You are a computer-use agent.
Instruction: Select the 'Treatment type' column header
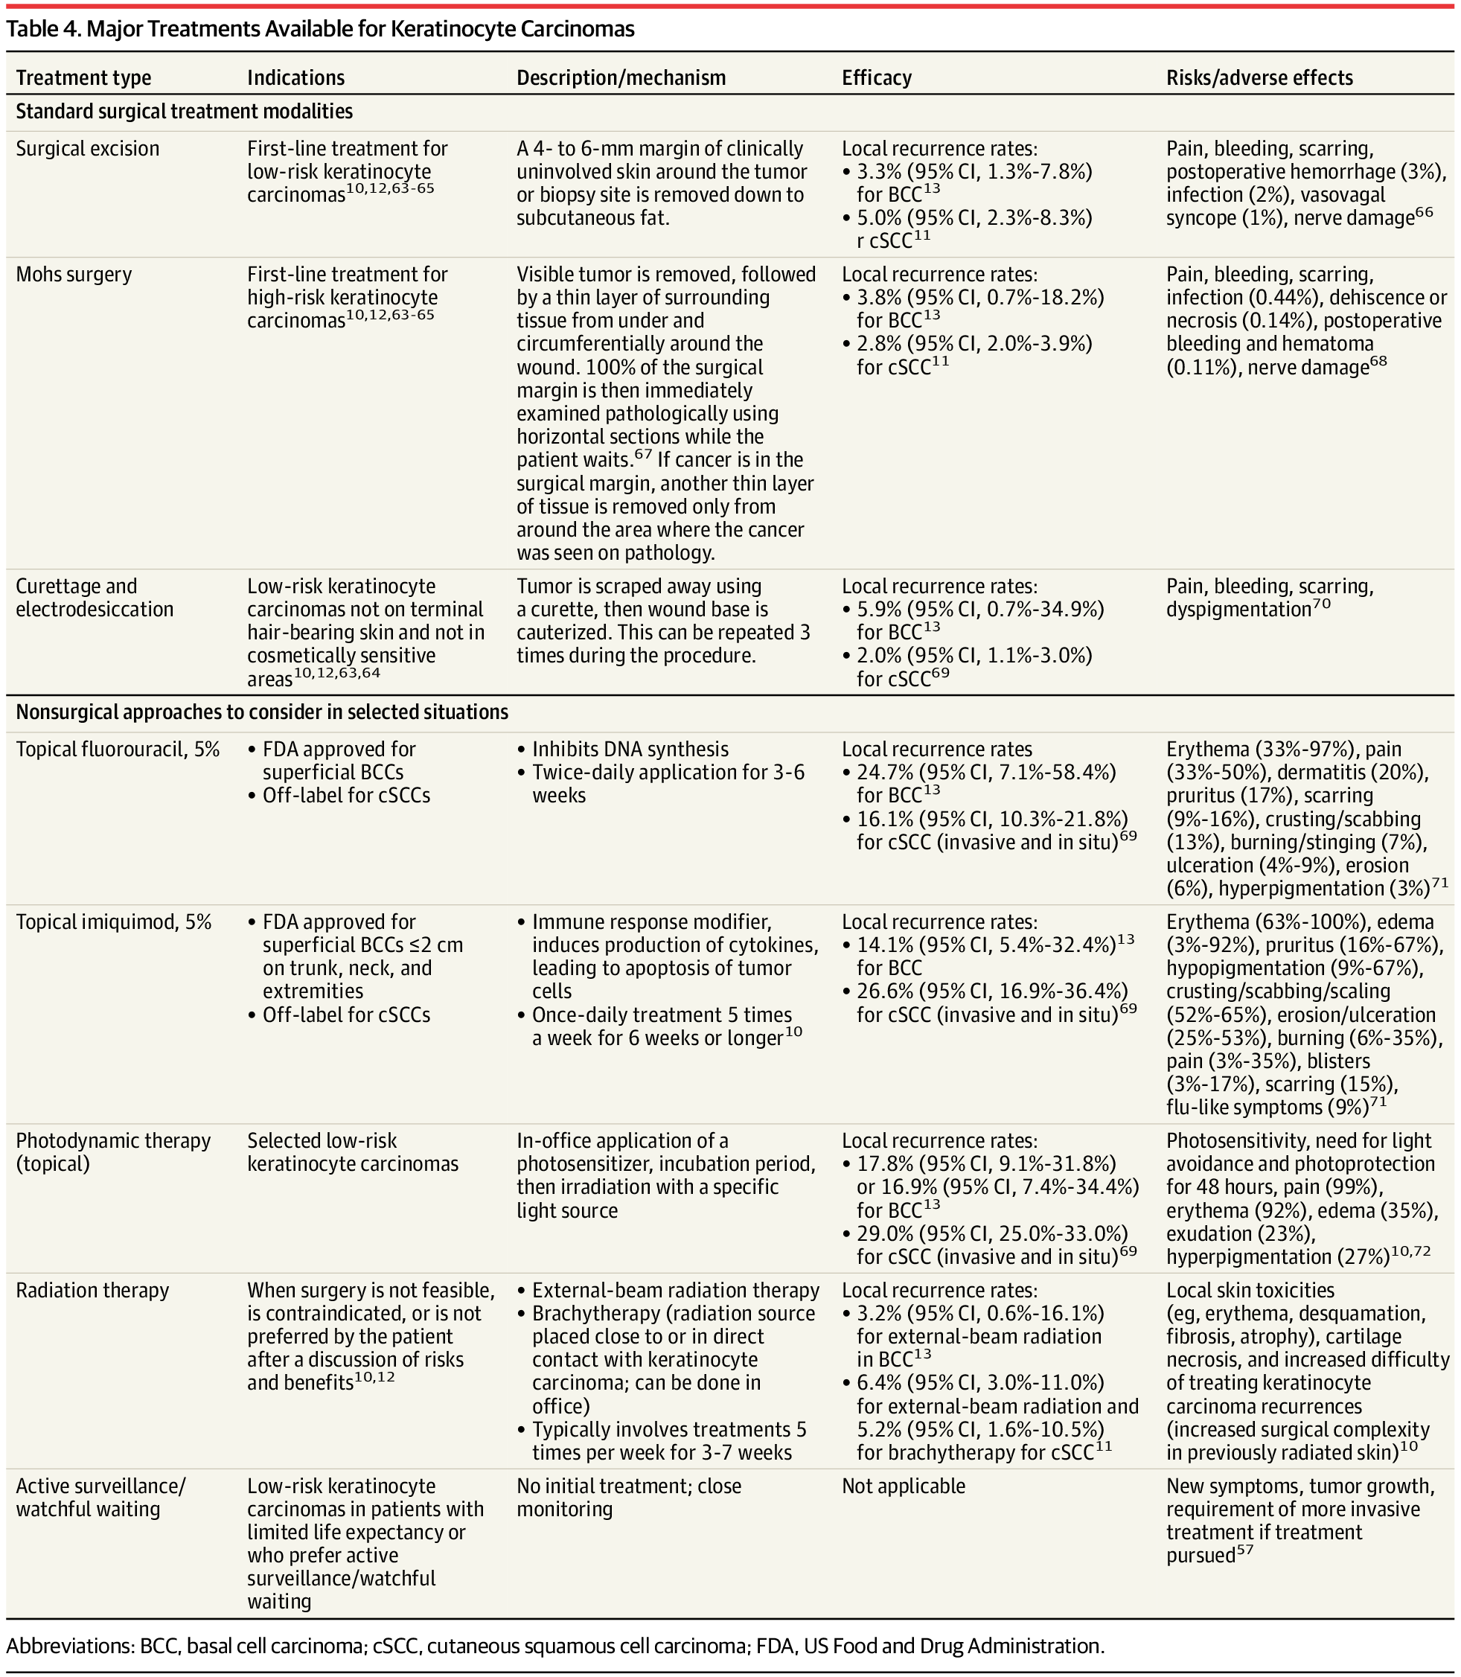[83, 77]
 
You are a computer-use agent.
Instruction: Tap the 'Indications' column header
[295, 77]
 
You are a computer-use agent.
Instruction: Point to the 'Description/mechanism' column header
[621, 77]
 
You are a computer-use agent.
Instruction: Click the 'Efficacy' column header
[877, 77]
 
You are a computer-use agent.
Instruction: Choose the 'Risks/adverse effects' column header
[1259, 77]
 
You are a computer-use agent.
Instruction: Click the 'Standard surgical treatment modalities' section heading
[185, 112]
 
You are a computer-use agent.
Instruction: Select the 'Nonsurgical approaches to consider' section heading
[262, 712]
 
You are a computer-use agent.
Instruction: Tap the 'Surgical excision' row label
[87, 148]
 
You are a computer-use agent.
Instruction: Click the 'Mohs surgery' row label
[74, 274]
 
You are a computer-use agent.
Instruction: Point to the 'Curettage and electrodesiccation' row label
[95, 598]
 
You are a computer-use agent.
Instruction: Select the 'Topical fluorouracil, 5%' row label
[118, 750]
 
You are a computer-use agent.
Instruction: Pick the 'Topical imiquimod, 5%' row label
[113, 922]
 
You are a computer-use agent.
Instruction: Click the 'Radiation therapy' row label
[92, 1291]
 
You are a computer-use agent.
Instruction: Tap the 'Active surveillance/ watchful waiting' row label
[100, 1498]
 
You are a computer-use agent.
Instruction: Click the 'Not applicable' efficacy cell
[903, 1486]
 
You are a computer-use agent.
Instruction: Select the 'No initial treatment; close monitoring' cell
[629, 1498]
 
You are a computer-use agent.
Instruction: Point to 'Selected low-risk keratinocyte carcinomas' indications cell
[352, 1152]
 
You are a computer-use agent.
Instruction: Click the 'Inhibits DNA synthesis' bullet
[630, 750]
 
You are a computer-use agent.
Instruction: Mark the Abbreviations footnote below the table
[554, 1645]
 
